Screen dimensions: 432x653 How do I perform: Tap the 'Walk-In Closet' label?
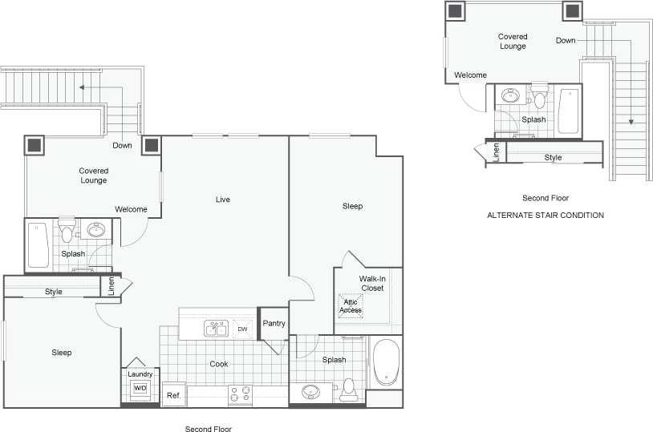(x=371, y=283)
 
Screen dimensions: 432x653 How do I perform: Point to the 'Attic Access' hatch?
(x=351, y=305)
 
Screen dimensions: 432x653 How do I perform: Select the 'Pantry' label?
(x=274, y=324)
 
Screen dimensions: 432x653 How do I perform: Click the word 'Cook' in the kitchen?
(x=219, y=364)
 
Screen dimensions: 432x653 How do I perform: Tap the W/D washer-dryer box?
(x=140, y=389)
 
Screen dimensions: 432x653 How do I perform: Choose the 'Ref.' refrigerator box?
(x=173, y=395)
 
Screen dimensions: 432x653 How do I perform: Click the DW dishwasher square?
(x=242, y=329)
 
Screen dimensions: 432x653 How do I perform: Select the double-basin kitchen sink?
(x=215, y=329)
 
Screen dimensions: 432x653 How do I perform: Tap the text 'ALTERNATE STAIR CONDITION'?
(x=546, y=216)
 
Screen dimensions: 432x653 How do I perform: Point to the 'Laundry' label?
(x=140, y=373)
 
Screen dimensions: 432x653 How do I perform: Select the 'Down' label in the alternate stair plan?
(x=566, y=40)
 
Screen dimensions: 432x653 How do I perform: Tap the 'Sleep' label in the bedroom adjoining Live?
(x=352, y=207)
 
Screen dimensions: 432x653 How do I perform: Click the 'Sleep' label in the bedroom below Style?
(x=62, y=353)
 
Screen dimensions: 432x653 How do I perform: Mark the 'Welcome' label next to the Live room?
(x=131, y=210)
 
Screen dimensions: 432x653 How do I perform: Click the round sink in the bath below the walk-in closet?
(x=310, y=393)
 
